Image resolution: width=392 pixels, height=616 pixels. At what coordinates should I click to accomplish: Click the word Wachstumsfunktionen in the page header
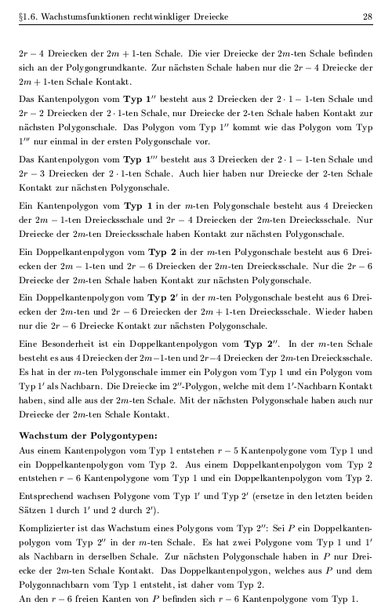[x=77, y=16]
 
